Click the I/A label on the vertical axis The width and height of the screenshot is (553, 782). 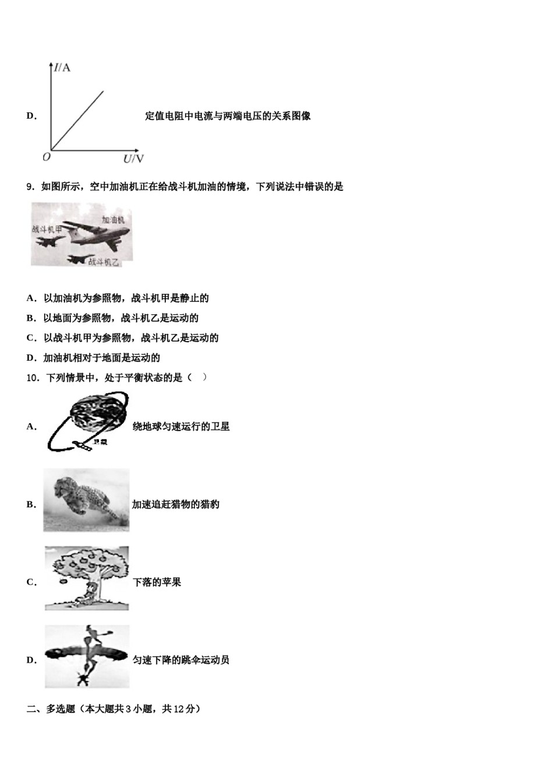(62, 68)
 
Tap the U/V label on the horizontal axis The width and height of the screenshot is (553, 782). (133, 159)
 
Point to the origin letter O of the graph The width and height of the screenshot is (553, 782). (47, 157)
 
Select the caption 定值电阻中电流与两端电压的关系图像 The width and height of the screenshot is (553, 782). (228, 116)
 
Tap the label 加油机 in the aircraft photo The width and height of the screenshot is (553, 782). (113, 220)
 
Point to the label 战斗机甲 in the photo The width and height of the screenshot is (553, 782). (47, 230)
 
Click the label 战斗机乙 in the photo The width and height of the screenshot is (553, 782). (104, 262)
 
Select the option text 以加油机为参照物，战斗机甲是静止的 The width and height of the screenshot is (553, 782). (126, 298)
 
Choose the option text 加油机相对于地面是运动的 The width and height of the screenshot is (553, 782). (101, 358)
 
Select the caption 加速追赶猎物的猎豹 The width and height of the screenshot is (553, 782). (176, 504)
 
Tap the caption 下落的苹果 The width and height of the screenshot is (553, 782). (157, 582)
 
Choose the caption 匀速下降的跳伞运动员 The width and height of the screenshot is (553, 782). (181, 660)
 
